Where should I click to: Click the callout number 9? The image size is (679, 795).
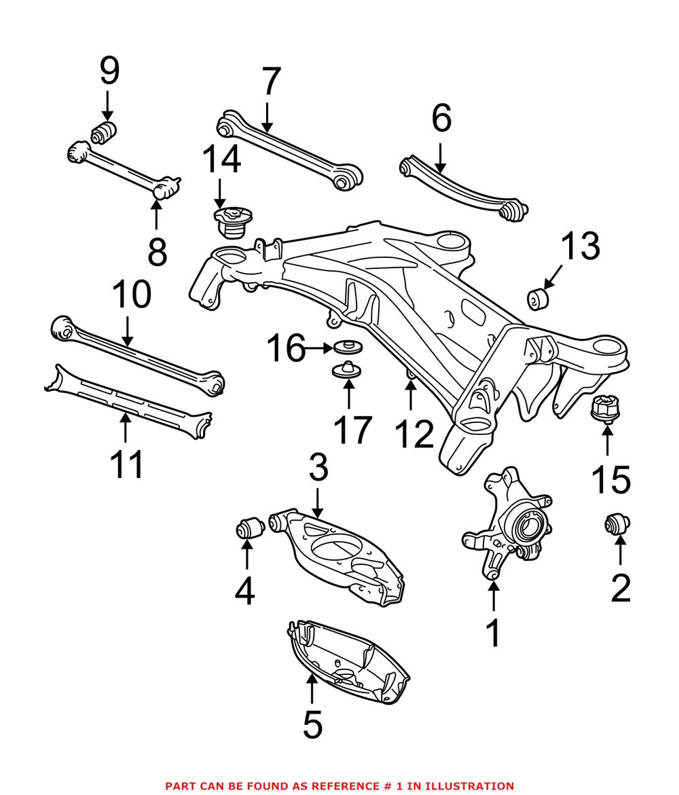[x=109, y=71]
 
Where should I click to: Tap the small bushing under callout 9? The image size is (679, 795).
[x=105, y=132]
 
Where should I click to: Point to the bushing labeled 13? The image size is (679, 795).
[x=541, y=298]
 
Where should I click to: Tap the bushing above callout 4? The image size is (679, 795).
[x=248, y=527]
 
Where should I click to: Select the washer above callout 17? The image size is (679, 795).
[x=346, y=371]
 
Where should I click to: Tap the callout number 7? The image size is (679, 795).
[x=270, y=82]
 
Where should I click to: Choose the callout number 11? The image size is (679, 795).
[x=127, y=464]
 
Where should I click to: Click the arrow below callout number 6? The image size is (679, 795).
[x=440, y=159]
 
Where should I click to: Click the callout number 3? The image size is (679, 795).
[x=318, y=468]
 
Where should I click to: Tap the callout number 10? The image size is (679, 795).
[x=132, y=297]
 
